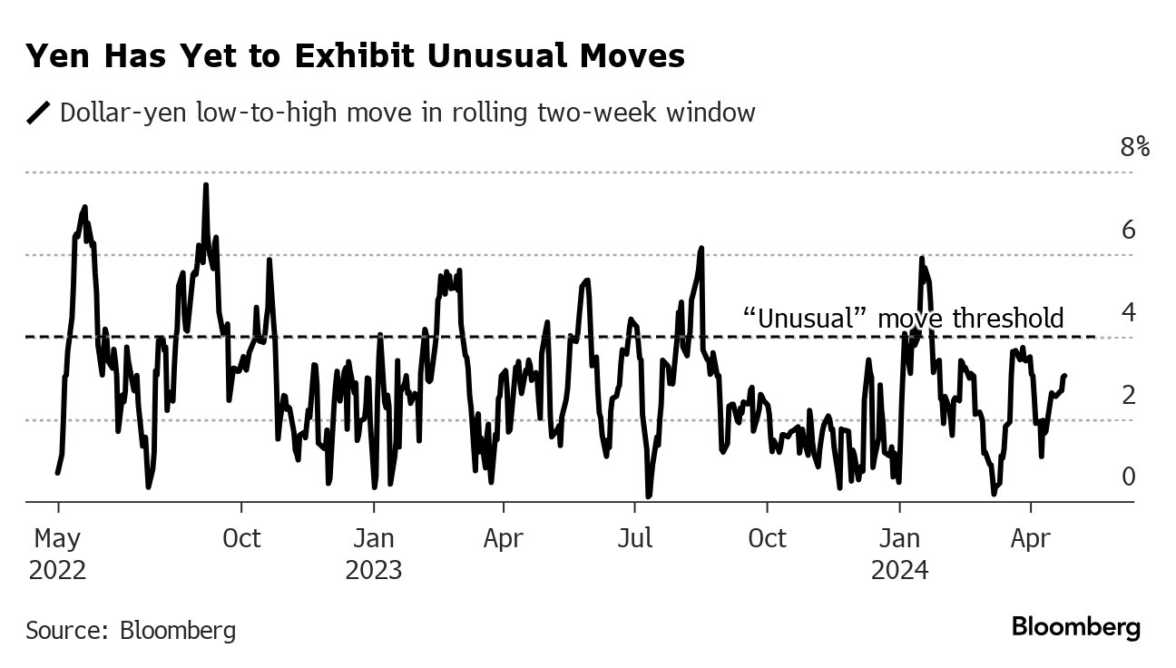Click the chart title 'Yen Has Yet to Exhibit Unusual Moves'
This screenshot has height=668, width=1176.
coord(355,56)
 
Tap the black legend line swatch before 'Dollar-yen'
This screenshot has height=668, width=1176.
coord(39,113)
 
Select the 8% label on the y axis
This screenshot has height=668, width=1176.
coord(1134,147)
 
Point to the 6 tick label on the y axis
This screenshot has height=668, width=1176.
coord(1129,230)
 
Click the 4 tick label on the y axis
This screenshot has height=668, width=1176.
coord(1129,312)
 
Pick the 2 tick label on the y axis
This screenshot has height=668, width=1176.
coord(1129,395)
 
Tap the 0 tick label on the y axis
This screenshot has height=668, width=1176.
coord(1129,476)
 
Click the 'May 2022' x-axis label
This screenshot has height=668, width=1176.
coord(58,554)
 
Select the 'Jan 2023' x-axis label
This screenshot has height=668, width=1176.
coord(374,554)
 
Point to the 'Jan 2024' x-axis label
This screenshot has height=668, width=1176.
coord(899,554)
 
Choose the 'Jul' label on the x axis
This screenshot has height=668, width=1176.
coord(635,538)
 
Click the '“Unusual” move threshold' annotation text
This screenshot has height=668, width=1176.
coord(902,318)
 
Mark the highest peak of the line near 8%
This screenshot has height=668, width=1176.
coord(206,185)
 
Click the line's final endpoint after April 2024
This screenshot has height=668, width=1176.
coord(1064,376)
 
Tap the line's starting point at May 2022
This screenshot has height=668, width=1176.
coord(57,473)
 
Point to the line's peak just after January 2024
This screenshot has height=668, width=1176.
coord(922,260)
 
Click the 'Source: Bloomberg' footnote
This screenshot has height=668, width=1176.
coord(131,630)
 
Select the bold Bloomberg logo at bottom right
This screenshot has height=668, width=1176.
coord(1075,626)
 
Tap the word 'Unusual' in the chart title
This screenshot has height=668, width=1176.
coord(505,56)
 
